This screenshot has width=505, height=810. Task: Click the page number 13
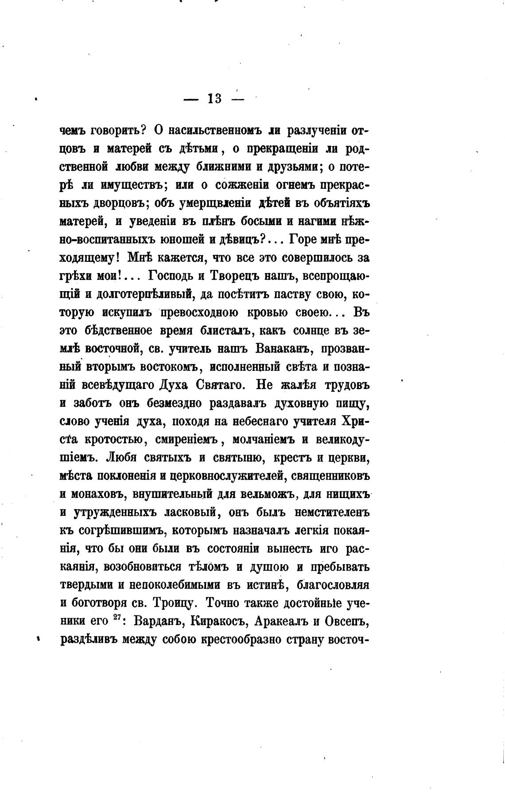(x=214, y=99)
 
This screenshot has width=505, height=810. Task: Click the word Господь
(x=170, y=276)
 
